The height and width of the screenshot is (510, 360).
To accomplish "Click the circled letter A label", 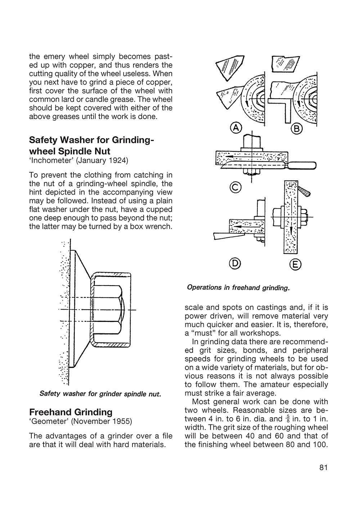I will (236, 128).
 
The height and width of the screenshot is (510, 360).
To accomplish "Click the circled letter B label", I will (296, 128).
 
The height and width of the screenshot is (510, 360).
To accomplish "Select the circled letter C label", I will (236, 187).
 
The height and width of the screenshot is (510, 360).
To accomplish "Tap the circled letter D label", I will (235, 264).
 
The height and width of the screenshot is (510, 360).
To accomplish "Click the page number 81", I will (323, 468).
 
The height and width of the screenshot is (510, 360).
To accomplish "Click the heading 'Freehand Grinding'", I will (71, 412).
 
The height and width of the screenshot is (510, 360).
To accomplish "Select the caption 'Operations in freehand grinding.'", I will (238, 288).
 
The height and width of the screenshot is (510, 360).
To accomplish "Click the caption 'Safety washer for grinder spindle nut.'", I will (100, 393).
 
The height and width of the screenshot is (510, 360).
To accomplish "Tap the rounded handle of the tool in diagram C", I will (303, 165).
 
